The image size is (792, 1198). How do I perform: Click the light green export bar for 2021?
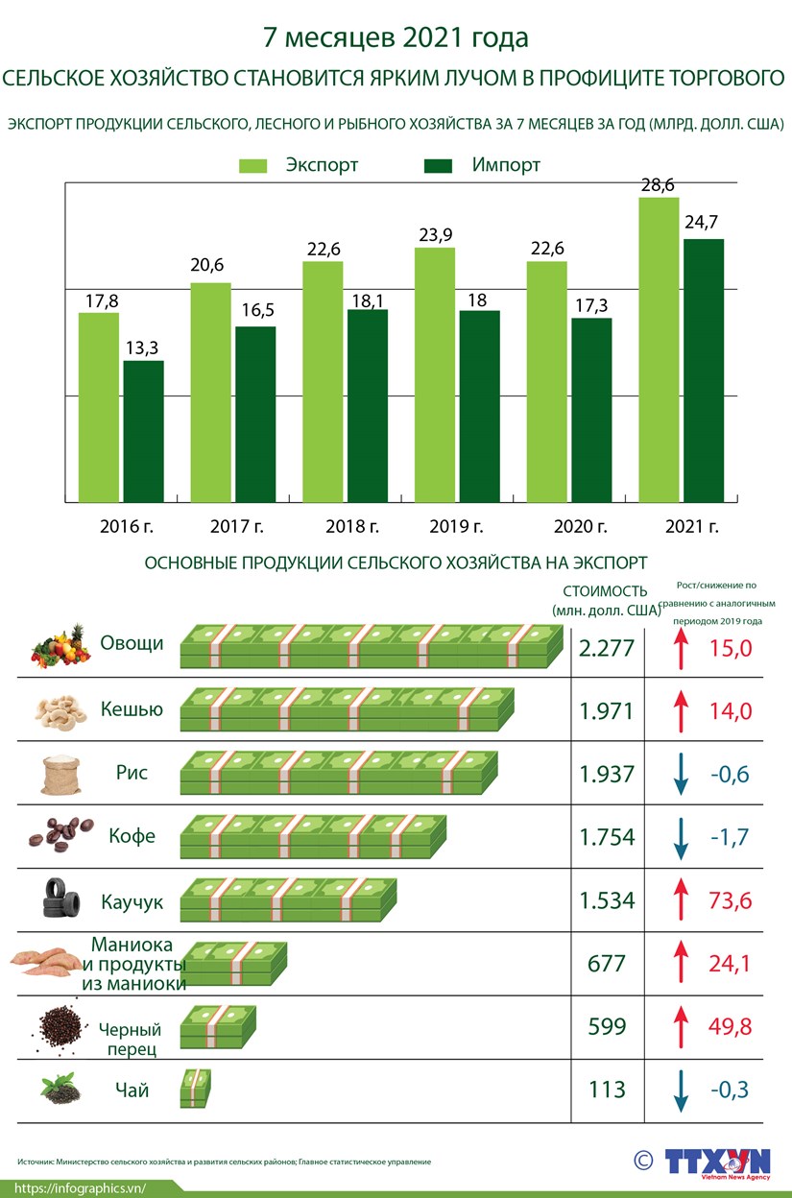pos(659,350)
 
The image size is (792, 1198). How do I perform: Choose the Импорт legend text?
pos(506,165)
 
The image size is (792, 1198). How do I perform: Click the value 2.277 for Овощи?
pos(607,648)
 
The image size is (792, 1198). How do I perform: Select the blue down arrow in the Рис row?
pos(681,775)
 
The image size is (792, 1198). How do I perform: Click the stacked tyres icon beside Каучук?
pos(60,899)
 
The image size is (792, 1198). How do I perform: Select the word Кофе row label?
pos(128,836)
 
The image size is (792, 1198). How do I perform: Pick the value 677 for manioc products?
pos(607,963)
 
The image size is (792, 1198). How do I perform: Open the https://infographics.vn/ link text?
pos(80,1187)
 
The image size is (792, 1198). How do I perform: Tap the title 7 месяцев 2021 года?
pos(396,38)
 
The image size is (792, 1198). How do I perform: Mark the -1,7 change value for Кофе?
pos(730,837)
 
